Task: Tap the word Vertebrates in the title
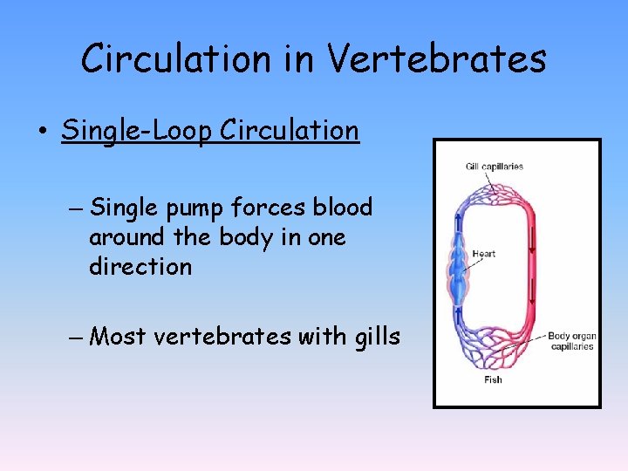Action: [438, 58]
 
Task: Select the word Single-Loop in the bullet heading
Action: [138, 131]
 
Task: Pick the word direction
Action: [140, 267]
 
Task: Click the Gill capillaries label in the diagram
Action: [495, 167]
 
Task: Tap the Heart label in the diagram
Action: [484, 254]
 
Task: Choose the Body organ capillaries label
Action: [571, 341]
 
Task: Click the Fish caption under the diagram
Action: [493, 379]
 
